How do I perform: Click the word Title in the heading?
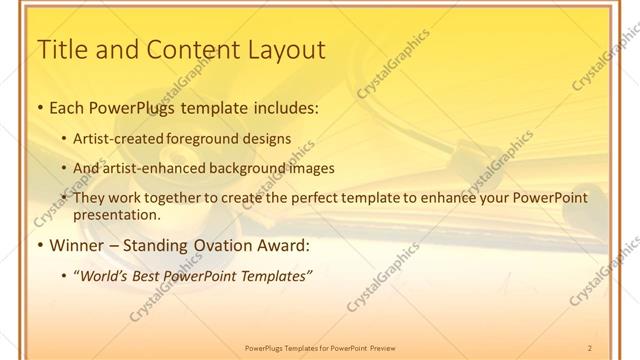(61, 49)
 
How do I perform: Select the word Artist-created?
(118, 139)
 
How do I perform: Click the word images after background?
(310, 169)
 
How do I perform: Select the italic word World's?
(105, 275)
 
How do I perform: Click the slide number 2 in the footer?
(590, 348)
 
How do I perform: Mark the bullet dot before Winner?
(39, 245)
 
